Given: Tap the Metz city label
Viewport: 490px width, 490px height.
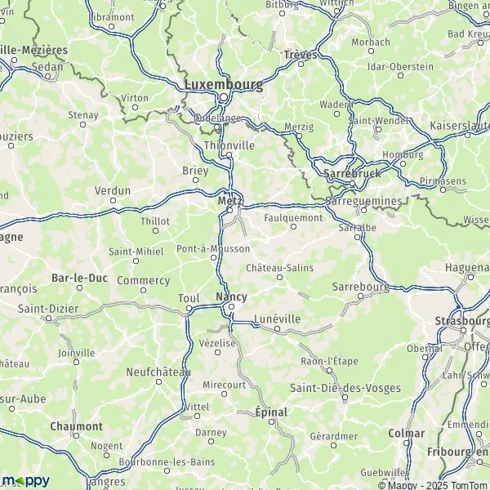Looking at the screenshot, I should click(228, 199).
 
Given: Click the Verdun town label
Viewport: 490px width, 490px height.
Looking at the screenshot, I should click(113, 190).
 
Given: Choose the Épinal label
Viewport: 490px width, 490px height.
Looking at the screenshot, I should click(271, 412).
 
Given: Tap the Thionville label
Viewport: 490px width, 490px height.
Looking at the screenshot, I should click(228, 145).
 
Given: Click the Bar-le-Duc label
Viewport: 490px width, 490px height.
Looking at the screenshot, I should click(76, 278).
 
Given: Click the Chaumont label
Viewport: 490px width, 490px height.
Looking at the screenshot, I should click(76, 426).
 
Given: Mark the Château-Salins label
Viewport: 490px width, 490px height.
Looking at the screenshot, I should click(279, 267).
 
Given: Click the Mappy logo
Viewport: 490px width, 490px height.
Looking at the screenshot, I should click(26, 480).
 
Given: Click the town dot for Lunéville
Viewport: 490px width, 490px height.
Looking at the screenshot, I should click(278, 329).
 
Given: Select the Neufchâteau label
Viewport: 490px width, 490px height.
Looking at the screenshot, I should click(158, 372).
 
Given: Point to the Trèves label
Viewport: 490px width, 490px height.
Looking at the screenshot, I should click(300, 55).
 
